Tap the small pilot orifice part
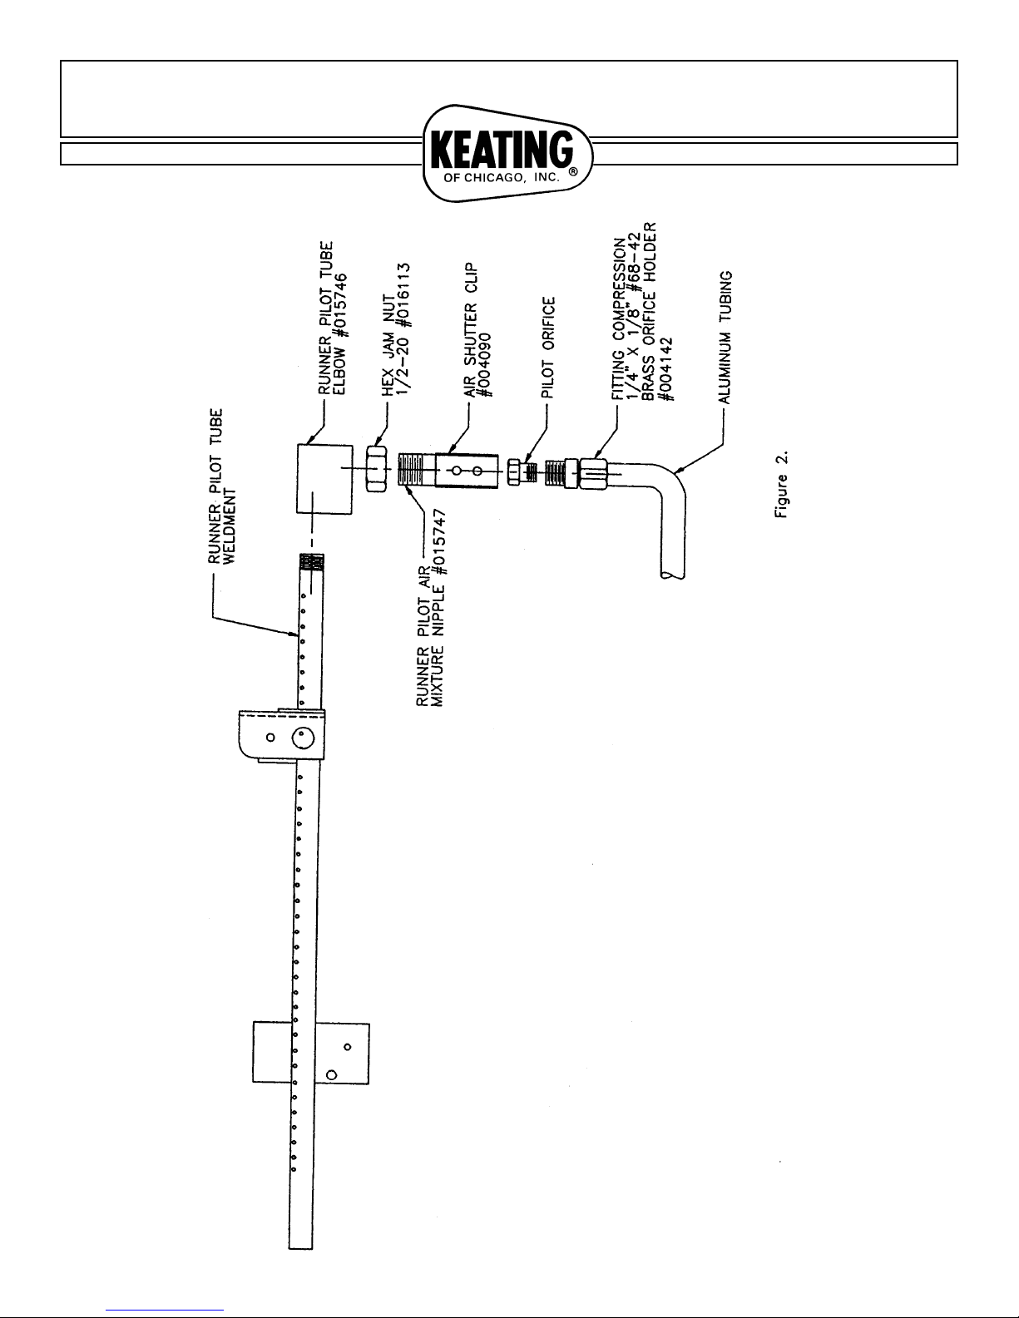[514, 471]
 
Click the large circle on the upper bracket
[302, 738]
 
